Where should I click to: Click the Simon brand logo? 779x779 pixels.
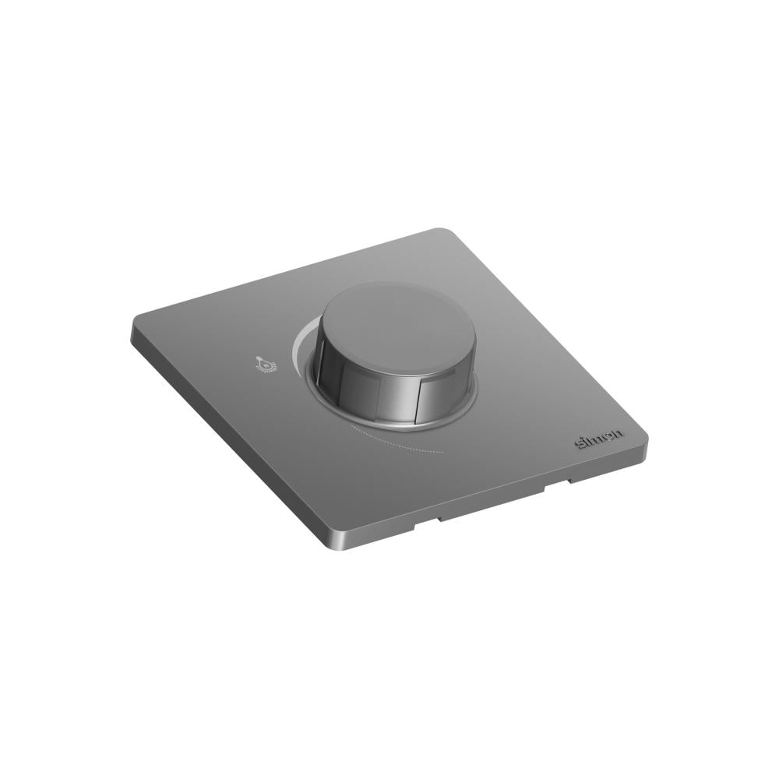tap(599, 439)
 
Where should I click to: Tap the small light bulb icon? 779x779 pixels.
tap(262, 363)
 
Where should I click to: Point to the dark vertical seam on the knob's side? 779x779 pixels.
tap(420, 398)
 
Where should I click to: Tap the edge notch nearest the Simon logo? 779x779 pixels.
tap(557, 485)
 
